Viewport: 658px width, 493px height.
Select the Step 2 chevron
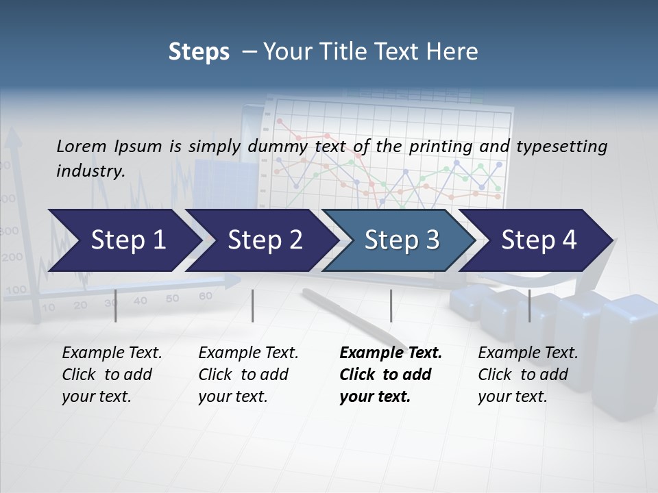260,240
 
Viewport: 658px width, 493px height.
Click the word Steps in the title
199,51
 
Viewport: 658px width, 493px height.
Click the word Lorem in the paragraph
81,146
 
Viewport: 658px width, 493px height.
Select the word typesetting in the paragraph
561,146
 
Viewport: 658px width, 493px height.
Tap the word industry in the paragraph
90,170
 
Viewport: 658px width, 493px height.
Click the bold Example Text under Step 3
391,353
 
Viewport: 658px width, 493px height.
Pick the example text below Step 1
111,375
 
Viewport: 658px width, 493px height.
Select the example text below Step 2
247,375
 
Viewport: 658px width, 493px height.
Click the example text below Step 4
527,375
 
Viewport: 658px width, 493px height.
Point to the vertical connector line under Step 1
115,305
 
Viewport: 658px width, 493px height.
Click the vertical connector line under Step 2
253,305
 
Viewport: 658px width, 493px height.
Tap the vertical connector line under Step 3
391,305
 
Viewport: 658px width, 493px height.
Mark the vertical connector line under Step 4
529,305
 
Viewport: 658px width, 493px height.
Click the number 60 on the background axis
205,296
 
